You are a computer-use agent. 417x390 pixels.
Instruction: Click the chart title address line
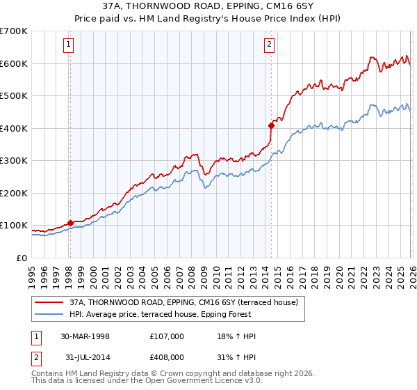coord(208,8)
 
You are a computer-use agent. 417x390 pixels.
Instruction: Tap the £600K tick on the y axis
coord(14,63)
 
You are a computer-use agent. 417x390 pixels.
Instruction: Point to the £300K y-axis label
coord(14,161)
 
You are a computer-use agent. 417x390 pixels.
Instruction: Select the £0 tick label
coord(22,258)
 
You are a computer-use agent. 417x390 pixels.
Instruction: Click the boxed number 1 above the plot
coord(69,45)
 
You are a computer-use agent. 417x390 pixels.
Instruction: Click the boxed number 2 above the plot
coord(269,45)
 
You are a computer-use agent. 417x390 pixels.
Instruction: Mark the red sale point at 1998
coord(70,224)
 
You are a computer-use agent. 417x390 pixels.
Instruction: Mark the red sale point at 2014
coord(271,125)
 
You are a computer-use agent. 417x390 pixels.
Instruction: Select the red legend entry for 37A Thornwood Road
coord(183,302)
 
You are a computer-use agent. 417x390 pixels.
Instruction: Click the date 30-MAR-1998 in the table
coord(85,336)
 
